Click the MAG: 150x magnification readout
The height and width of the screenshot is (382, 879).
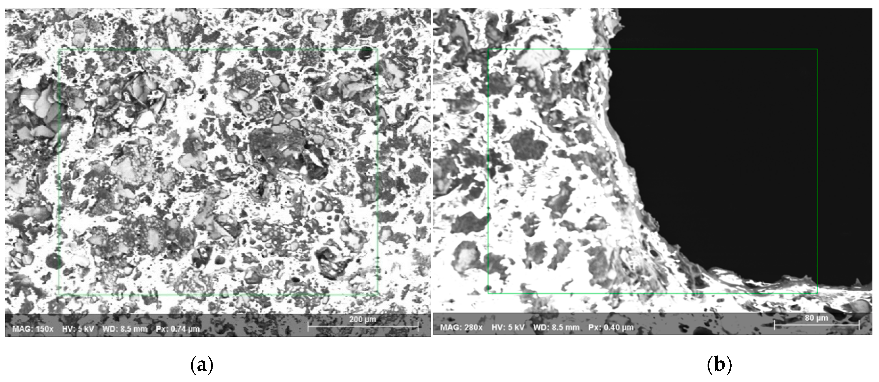coord(33,329)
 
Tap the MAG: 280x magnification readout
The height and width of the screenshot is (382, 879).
coord(461,327)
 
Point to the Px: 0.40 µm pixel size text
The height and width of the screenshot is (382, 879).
coord(611,327)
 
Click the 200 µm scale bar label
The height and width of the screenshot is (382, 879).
coord(362,319)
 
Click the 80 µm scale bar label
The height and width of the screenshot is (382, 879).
coord(816,318)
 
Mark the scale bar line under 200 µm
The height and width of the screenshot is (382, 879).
coord(363,327)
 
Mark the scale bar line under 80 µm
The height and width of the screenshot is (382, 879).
coord(817,325)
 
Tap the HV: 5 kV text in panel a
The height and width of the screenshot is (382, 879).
coord(78,329)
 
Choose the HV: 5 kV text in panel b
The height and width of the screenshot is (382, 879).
coord(508,327)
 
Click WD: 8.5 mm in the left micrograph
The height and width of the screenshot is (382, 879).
coord(125,329)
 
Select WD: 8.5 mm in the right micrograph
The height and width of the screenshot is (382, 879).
coord(556,327)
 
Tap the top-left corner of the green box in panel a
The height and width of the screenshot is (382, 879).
coord(59,50)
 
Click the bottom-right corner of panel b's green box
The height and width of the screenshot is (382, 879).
coord(817,293)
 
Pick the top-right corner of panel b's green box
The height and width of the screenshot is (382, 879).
coord(817,49)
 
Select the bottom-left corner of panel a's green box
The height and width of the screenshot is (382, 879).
coord(59,294)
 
